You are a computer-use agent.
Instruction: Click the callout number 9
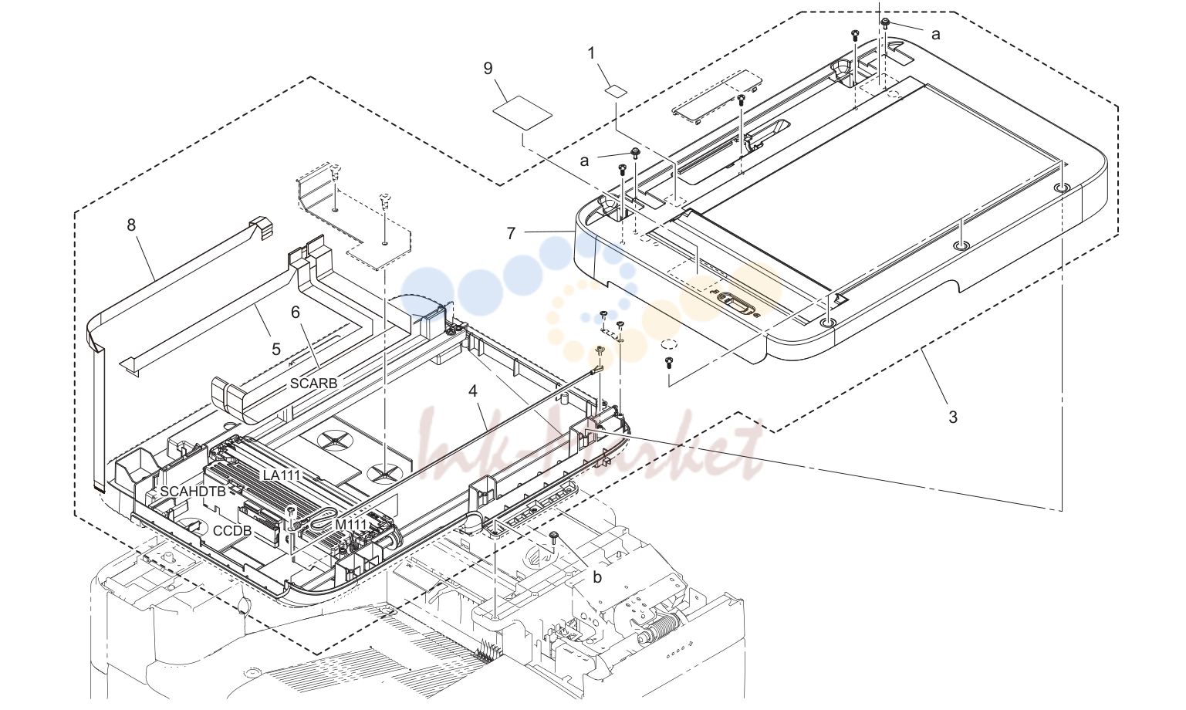[488, 69]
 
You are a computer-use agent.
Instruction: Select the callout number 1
[591, 53]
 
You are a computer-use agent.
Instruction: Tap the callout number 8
[131, 225]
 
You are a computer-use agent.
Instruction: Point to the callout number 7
[511, 233]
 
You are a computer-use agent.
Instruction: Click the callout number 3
[953, 418]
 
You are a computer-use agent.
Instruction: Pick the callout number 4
[473, 391]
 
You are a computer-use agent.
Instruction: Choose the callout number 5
[275, 349]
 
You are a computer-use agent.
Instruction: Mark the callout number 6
[296, 313]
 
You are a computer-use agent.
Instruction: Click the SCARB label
[313, 384]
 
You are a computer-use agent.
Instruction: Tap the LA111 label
[282, 475]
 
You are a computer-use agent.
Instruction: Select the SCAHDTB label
[193, 492]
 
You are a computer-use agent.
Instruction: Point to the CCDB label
[232, 530]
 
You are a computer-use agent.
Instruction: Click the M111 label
[351, 525]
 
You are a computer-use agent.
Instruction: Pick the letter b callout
[597, 577]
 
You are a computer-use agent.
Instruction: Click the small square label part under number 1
[617, 90]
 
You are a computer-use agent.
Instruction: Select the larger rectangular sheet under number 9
[522, 113]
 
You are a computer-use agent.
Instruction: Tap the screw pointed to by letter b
[552, 537]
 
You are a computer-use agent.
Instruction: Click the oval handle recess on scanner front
[736, 303]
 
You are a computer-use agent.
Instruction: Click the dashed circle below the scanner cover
[669, 343]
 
